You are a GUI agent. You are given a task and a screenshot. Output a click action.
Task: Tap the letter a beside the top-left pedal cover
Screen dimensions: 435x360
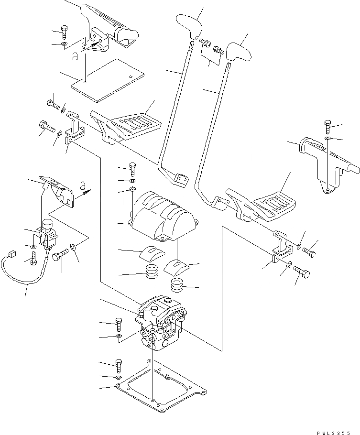(x=74, y=56)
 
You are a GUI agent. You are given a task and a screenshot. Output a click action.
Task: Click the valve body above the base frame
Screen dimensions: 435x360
(x=160, y=325)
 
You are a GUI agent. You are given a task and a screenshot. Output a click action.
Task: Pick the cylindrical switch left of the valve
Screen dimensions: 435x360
(x=47, y=229)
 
